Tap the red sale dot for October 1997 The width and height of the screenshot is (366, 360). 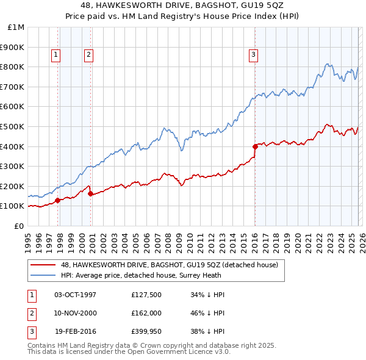click(x=57, y=200)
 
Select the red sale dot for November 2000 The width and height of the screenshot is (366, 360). click(x=90, y=193)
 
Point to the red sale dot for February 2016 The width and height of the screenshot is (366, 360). click(x=255, y=146)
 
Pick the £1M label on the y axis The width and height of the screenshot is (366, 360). click(x=16, y=27)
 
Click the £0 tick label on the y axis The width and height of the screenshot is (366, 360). click(x=20, y=226)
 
